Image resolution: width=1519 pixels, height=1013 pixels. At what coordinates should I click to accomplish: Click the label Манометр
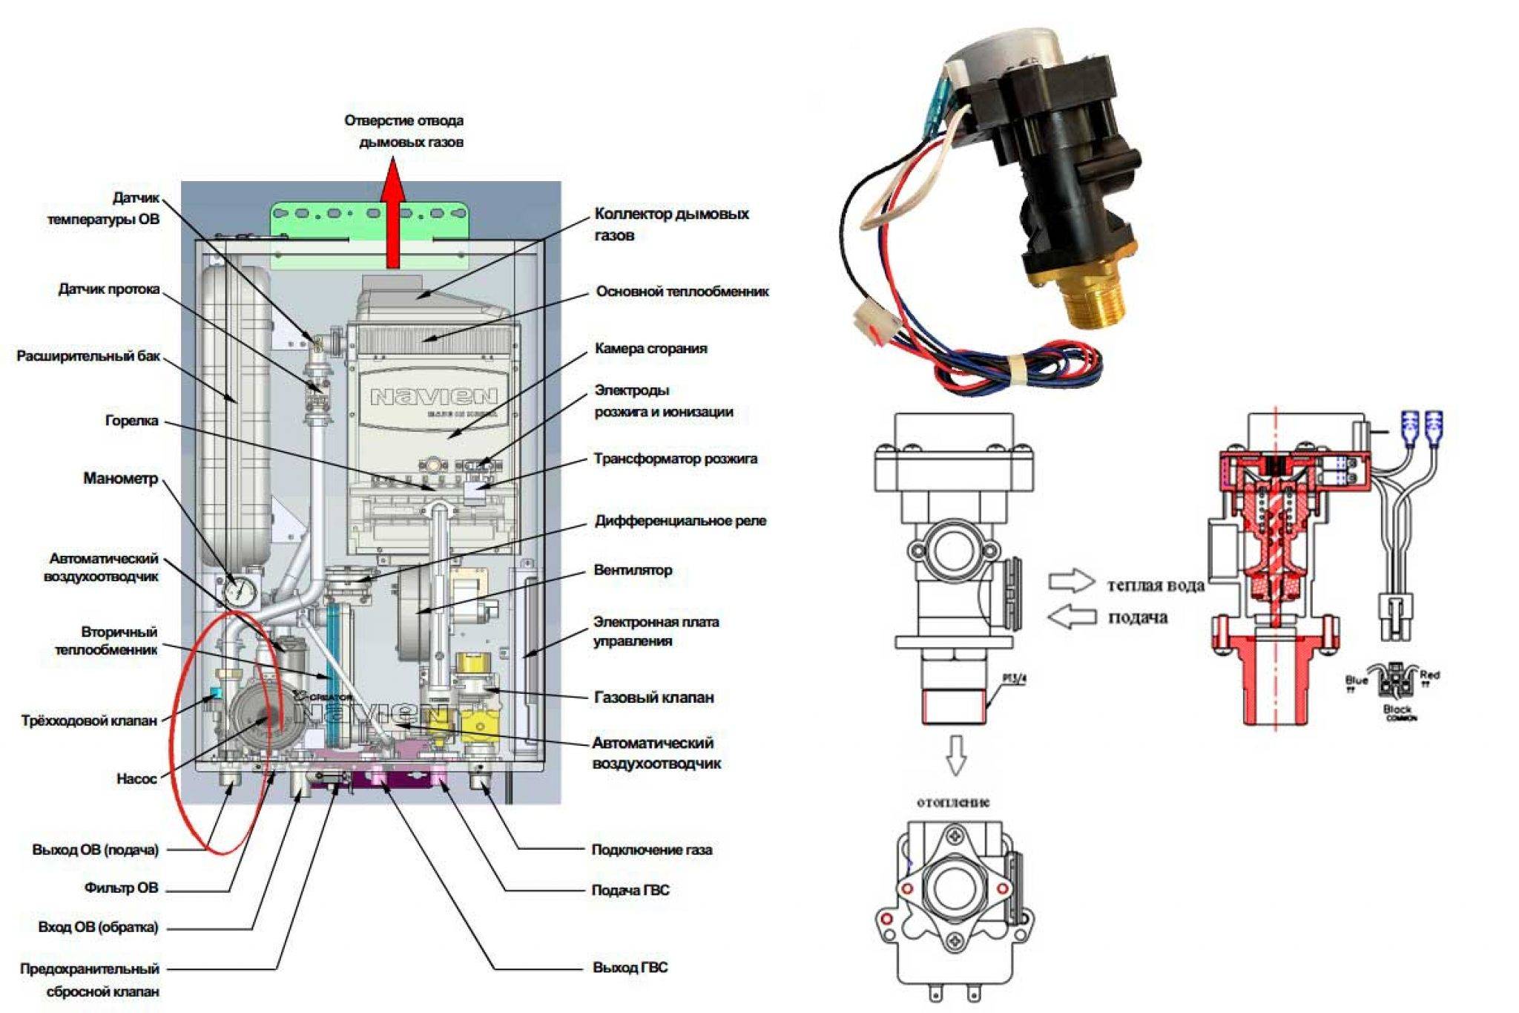coord(121,479)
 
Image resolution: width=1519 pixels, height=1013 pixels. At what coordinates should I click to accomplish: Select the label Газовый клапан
coord(653,697)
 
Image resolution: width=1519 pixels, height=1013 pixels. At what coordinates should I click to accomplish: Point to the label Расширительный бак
coord(88,356)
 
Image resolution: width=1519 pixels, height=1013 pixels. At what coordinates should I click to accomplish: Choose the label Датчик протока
coord(109,289)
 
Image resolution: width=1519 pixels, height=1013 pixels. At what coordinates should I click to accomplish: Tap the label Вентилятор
coord(633,570)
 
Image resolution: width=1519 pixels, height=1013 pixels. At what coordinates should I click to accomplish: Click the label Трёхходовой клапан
coord(89,720)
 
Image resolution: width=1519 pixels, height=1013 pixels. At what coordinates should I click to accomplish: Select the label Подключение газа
coord(651,850)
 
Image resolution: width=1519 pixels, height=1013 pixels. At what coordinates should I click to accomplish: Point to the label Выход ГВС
coord(630,968)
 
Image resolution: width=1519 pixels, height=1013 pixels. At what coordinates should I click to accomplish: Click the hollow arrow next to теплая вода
coord(1072,581)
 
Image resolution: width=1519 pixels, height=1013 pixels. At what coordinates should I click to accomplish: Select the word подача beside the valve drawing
coord(1138,617)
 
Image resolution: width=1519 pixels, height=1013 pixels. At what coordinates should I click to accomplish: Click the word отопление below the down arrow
coord(953,802)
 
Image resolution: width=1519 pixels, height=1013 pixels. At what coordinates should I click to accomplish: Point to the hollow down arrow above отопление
coord(956,755)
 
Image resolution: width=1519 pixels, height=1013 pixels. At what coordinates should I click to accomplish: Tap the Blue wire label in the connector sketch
coord(1357,680)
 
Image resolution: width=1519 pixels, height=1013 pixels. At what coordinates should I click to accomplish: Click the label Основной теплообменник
coord(682,292)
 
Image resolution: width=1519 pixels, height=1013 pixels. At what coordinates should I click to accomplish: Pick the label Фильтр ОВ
coord(121,888)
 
